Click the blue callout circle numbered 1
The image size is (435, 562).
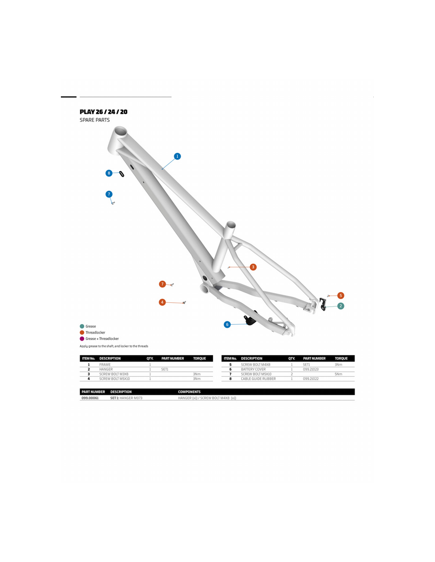(x=177, y=156)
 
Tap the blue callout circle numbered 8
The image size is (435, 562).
(x=109, y=173)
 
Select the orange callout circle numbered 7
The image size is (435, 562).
(x=162, y=284)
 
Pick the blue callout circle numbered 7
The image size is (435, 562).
(x=109, y=194)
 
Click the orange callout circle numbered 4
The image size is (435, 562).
(x=162, y=302)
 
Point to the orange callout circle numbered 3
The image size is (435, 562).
(x=253, y=267)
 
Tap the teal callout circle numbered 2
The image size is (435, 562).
(x=340, y=306)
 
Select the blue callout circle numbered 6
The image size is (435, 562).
(x=227, y=324)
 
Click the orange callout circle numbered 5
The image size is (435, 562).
(x=340, y=296)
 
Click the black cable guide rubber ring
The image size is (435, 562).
(x=121, y=174)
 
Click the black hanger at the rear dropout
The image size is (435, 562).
(x=323, y=304)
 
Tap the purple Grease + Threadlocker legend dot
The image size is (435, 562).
(x=82, y=339)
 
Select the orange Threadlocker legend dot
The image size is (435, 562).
(x=82, y=332)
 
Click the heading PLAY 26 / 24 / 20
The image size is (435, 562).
(x=104, y=112)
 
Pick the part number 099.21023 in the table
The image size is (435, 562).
(x=311, y=370)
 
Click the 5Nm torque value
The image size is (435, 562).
(x=339, y=374)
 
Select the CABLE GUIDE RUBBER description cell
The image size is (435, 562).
(x=258, y=379)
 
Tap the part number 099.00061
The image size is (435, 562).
(x=90, y=398)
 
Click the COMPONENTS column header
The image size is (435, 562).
(x=189, y=392)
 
